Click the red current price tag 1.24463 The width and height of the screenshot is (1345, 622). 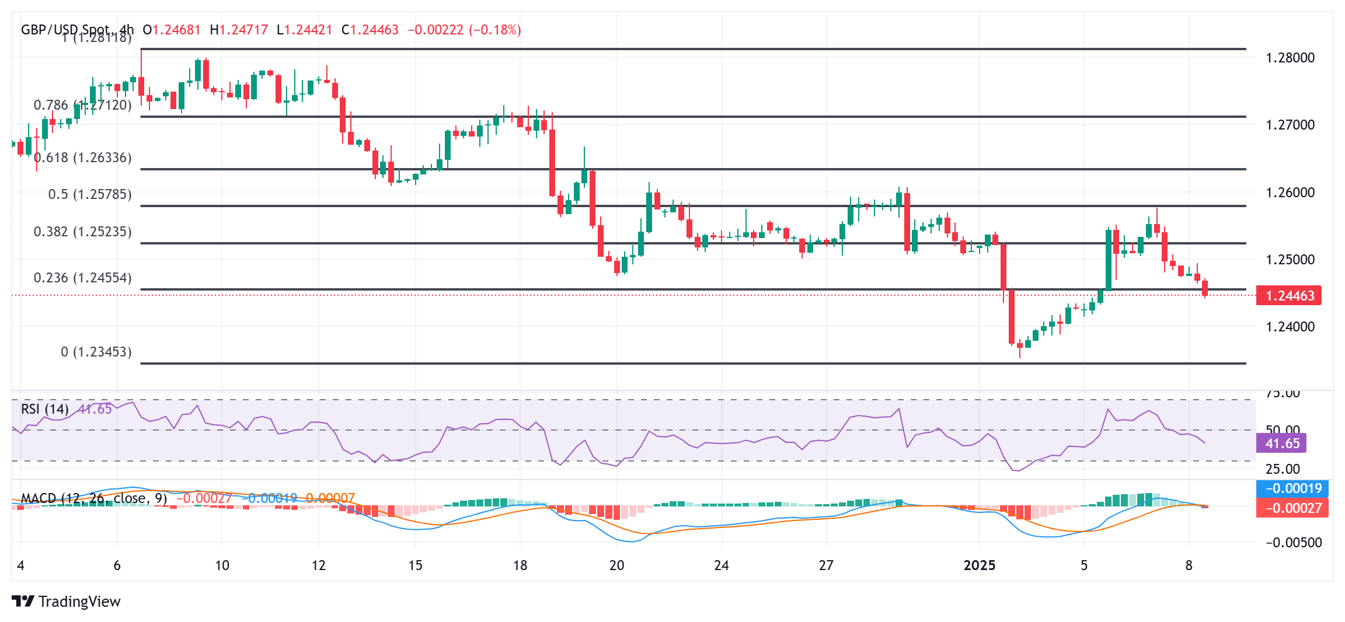1289,296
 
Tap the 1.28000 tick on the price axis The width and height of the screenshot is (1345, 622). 1290,58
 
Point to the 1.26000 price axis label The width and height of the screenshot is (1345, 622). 1290,193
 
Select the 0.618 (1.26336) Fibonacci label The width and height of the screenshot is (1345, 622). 83,158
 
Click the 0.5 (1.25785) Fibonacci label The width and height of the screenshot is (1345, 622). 90,194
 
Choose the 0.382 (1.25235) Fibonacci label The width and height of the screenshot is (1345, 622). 83,232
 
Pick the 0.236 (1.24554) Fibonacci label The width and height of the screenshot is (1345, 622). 83,278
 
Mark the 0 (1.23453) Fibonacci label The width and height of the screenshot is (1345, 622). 96,352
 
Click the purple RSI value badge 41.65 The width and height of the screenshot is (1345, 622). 1282,443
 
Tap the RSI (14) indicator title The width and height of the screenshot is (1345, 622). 44,409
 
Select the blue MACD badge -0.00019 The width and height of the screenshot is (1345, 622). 1292,488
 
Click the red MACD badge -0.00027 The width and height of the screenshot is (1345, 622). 1292,508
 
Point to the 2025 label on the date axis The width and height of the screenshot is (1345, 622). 979,565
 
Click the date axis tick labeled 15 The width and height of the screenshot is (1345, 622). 415,565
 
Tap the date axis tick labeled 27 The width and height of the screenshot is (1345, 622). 826,565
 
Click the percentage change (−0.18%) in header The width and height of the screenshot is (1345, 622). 495,30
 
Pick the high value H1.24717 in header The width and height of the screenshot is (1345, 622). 239,30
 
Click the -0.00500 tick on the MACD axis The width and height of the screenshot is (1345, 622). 1293,543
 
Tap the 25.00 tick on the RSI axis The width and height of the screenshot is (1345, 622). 1283,469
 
